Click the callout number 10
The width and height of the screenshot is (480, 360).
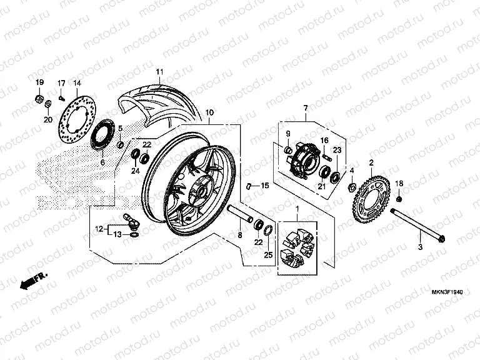[x=209, y=113]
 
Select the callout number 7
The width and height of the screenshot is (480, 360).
[x=306, y=109]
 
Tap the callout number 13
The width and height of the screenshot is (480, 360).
[x=117, y=234]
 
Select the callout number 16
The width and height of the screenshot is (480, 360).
[x=325, y=140]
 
